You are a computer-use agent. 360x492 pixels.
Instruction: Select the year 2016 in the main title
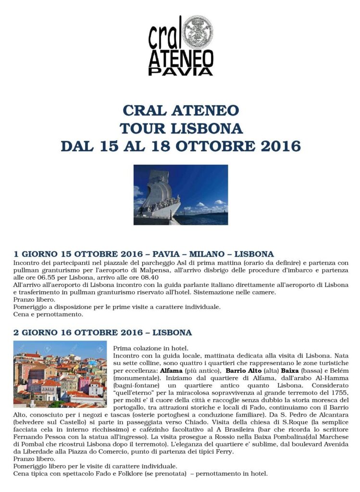coord(279,146)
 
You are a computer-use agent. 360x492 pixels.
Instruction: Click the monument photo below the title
coord(180,195)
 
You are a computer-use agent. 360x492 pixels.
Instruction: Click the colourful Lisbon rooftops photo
coord(60,374)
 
